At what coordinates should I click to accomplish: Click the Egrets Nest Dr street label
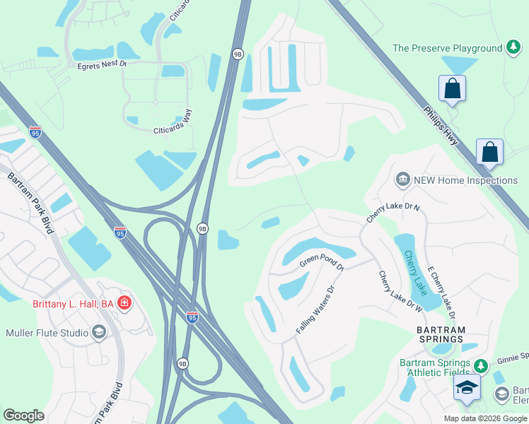pyautogui.click(x=102, y=64)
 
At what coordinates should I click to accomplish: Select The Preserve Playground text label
pyautogui.click(x=447, y=48)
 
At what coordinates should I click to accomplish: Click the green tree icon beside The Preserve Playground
pyautogui.click(x=513, y=48)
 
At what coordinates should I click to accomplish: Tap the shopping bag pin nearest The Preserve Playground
pyautogui.click(x=452, y=89)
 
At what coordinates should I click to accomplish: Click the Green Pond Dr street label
pyautogui.click(x=321, y=264)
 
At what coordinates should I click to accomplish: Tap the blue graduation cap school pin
pyautogui.click(x=467, y=387)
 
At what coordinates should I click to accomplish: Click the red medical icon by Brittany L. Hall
pyautogui.click(x=125, y=304)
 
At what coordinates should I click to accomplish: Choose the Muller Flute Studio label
pyautogui.click(x=47, y=333)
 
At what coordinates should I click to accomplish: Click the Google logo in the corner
pyautogui.click(x=23, y=416)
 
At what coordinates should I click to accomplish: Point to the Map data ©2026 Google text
pyautogui.click(x=484, y=418)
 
